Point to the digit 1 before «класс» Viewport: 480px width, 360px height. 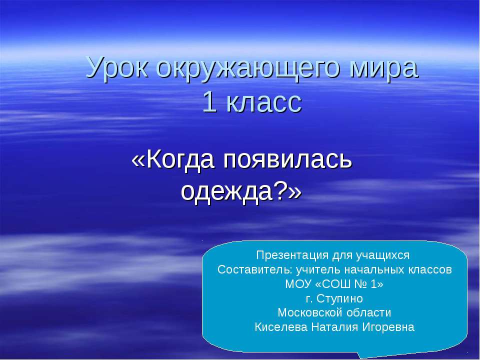(210, 103)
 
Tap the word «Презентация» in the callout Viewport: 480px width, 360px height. (292, 255)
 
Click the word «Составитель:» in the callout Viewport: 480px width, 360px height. (255, 270)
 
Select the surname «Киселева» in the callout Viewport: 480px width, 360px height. (280, 328)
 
